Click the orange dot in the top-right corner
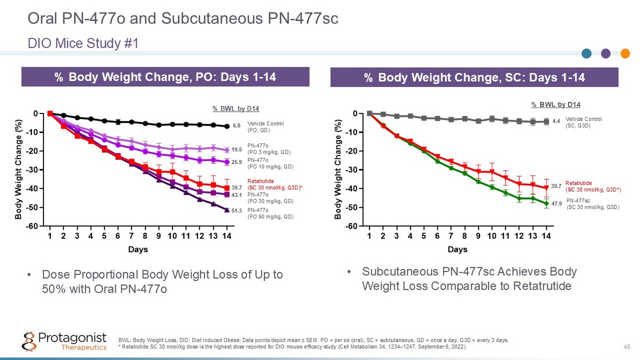click(x=625, y=53)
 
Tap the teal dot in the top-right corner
click(x=587, y=53)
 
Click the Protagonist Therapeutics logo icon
click(x=29, y=342)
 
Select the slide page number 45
click(x=627, y=347)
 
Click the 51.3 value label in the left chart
click(x=237, y=211)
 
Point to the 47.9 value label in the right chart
click(x=557, y=204)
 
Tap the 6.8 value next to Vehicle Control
click(x=237, y=126)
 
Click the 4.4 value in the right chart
click(x=556, y=121)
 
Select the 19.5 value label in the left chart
click(x=237, y=150)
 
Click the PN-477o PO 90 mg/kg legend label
click(x=271, y=213)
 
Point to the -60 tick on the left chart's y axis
click(x=32, y=226)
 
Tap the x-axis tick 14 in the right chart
click(x=546, y=236)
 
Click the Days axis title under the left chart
click(x=138, y=250)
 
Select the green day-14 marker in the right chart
click(x=546, y=204)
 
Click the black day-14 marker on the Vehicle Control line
click(x=227, y=126)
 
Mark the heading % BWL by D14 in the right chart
click(x=556, y=105)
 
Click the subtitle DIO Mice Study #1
click(x=83, y=43)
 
